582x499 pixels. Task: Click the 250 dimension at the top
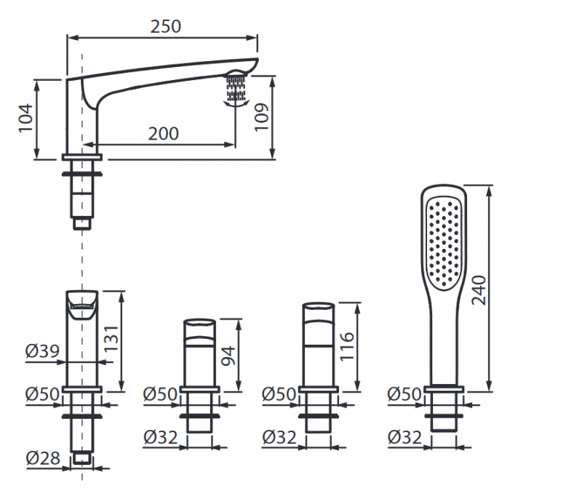tap(165, 26)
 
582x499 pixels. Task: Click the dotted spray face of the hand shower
tap(445, 240)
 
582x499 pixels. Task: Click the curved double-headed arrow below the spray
tap(235, 103)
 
